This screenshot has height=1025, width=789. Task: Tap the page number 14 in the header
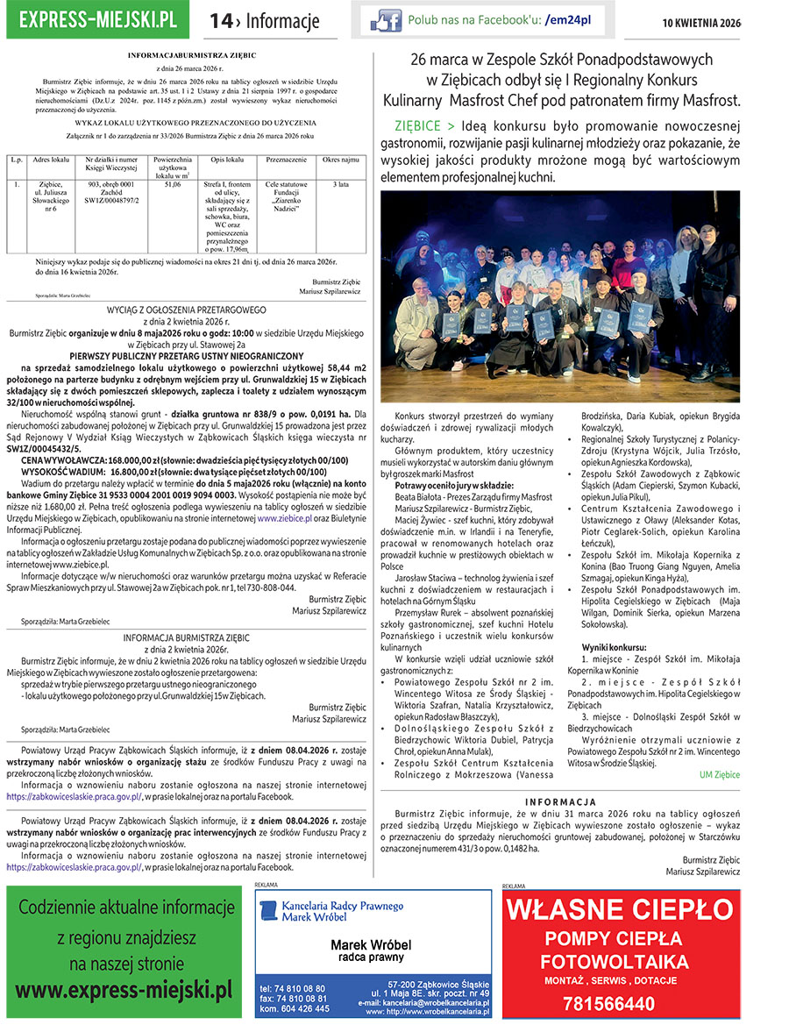coord(222,20)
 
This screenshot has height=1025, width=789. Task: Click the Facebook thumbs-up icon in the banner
coord(386,20)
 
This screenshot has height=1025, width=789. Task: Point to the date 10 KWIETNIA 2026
coord(724,20)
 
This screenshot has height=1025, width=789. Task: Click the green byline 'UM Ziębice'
coord(720,774)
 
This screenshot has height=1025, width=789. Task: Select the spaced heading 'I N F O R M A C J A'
coord(560,802)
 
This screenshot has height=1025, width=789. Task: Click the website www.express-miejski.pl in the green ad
coord(124,990)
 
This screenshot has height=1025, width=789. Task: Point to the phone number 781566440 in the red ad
coord(621,1003)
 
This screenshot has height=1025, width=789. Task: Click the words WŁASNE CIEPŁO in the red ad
coord(622,910)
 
